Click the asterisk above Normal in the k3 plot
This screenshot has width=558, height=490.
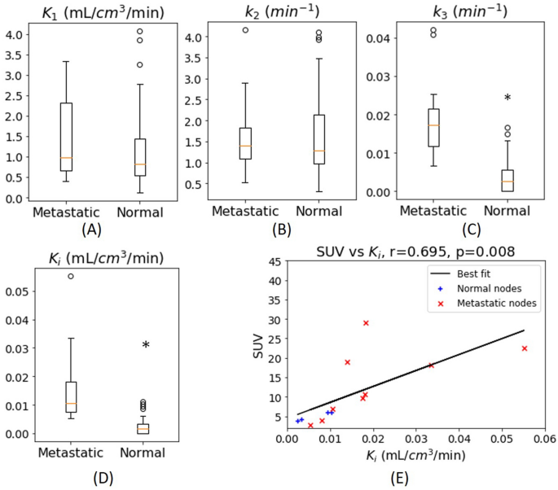(507, 99)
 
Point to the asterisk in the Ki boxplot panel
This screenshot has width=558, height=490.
(146, 347)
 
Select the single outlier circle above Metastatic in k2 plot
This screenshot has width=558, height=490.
(245, 30)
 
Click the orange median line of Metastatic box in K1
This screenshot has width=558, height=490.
(66, 158)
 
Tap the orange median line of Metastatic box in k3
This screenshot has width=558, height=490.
(433, 125)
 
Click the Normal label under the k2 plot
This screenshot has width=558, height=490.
(318, 213)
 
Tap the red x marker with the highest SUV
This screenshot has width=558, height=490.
(366, 323)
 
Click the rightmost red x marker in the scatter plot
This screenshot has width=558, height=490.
(525, 348)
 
